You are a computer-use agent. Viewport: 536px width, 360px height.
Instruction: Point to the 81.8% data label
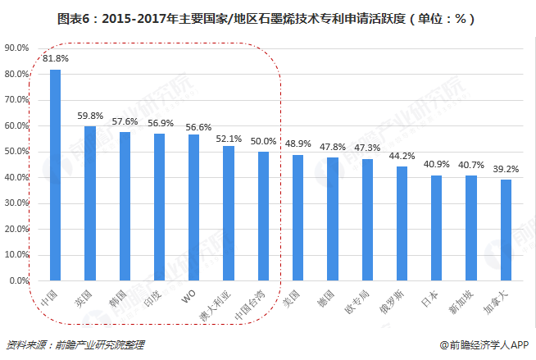point(56,59)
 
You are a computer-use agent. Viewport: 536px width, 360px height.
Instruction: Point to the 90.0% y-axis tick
point(17,48)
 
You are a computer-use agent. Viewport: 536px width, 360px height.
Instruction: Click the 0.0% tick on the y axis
point(19,280)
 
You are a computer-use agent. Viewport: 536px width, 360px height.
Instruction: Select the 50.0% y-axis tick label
point(17,152)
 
